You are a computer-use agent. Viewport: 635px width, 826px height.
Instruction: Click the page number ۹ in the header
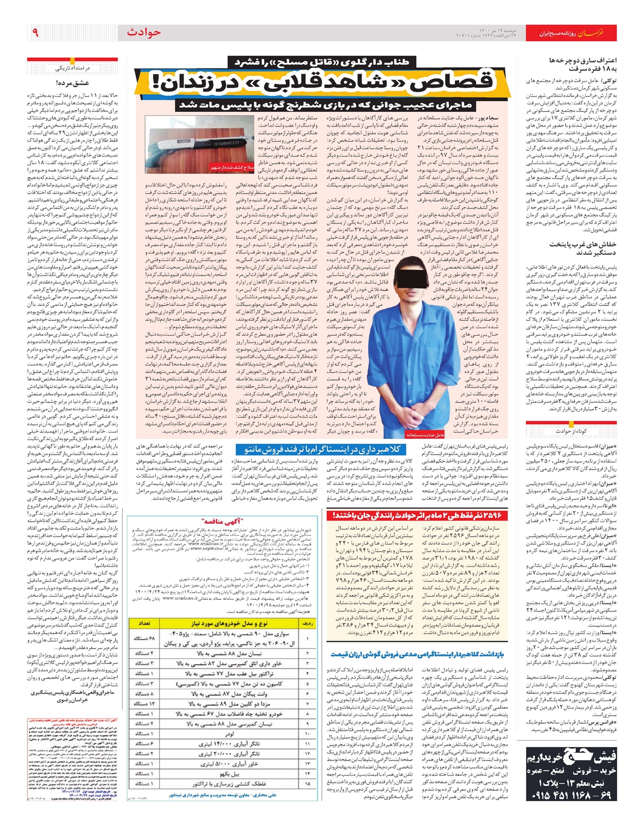click(35, 33)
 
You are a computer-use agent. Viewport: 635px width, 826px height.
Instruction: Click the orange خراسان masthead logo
click(598, 33)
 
